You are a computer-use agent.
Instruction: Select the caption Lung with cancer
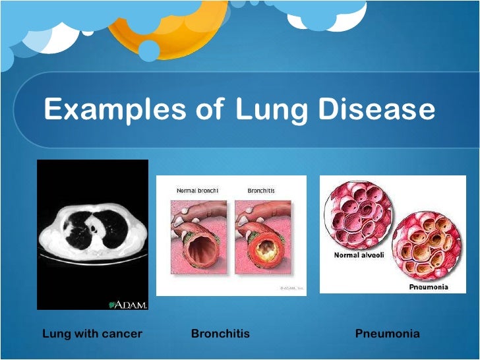coord(92,334)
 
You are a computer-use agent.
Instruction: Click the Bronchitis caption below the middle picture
coord(220,334)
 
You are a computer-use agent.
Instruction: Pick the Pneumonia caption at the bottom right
coord(387,334)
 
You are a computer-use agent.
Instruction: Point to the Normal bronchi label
coord(197,191)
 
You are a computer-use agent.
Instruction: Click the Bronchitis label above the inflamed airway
coord(261,191)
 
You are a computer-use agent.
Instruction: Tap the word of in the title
coord(208,109)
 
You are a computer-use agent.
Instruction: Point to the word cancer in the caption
coord(122,334)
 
